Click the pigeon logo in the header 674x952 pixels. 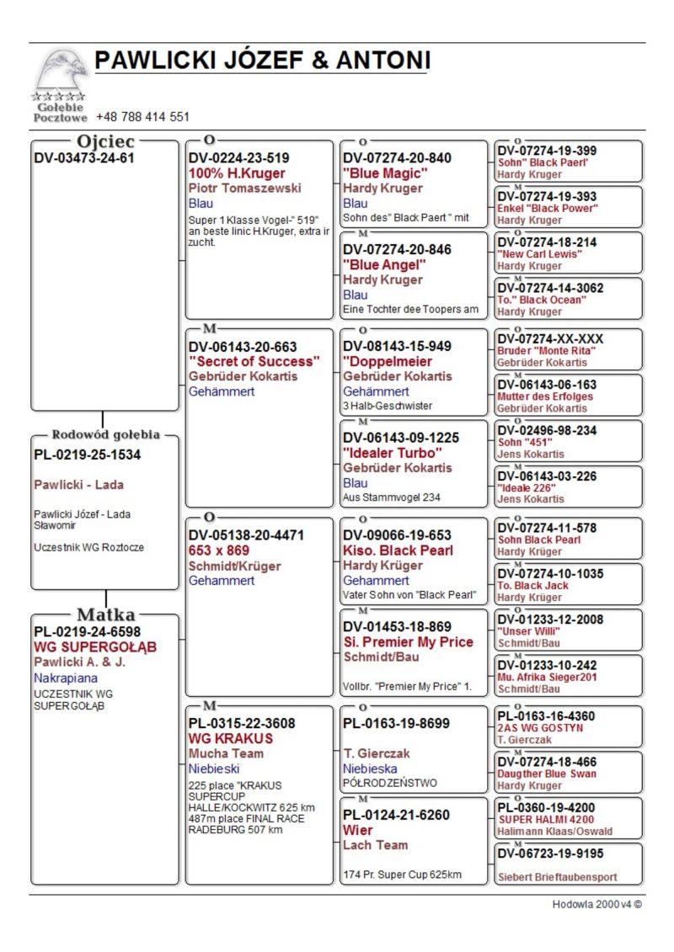61,72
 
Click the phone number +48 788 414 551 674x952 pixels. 142,117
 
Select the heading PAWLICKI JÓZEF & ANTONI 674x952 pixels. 262,61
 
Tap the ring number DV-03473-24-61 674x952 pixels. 84,157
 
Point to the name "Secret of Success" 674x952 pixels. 254,361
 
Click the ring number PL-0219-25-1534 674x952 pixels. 88,455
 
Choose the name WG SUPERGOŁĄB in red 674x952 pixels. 95,647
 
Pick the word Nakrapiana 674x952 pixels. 66,678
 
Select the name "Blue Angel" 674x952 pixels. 384,264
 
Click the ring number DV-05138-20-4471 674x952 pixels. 246,535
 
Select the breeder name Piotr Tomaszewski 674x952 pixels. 244,188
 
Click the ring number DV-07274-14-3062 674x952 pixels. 550,288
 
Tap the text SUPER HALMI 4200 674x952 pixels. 546,819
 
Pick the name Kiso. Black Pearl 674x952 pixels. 398,550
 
